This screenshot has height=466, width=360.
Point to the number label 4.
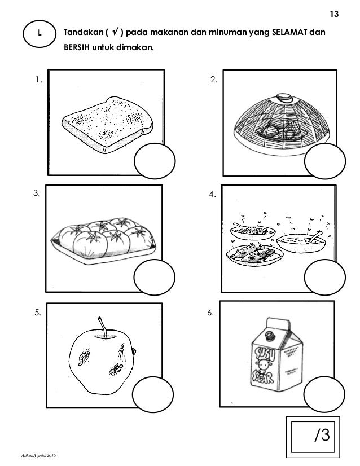(x=212, y=195)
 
